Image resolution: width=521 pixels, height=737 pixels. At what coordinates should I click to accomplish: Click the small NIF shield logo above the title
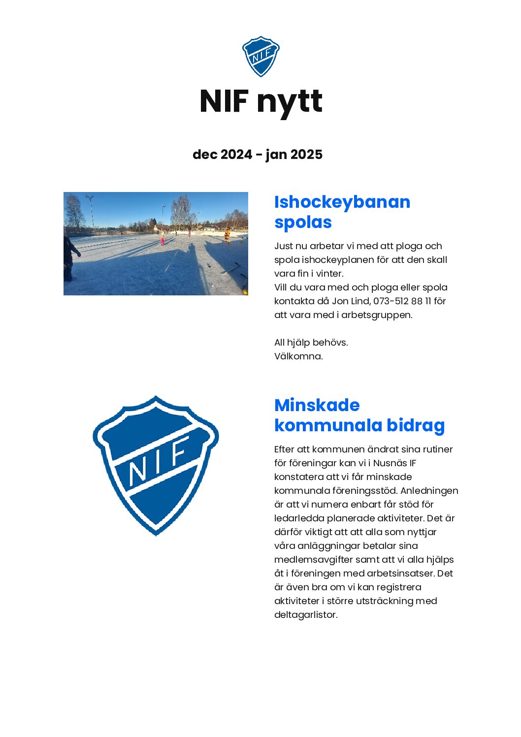click(x=260, y=56)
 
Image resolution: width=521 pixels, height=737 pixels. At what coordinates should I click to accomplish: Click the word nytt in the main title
click(x=289, y=102)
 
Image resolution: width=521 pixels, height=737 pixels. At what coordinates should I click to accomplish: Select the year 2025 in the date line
click(x=306, y=155)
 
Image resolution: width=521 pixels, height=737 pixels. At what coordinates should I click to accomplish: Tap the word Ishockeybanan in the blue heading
click(x=342, y=202)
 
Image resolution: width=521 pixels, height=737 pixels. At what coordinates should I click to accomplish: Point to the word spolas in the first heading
click(x=303, y=222)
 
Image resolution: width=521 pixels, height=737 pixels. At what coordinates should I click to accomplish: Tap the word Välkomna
click(x=298, y=356)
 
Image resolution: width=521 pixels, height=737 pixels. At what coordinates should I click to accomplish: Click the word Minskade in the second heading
click(x=317, y=405)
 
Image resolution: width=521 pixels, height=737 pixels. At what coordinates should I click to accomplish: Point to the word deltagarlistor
click(x=305, y=614)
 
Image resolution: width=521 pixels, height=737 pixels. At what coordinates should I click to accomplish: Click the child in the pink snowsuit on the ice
click(x=162, y=240)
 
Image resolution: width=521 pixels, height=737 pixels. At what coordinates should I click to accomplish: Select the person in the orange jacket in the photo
click(x=227, y=234)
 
